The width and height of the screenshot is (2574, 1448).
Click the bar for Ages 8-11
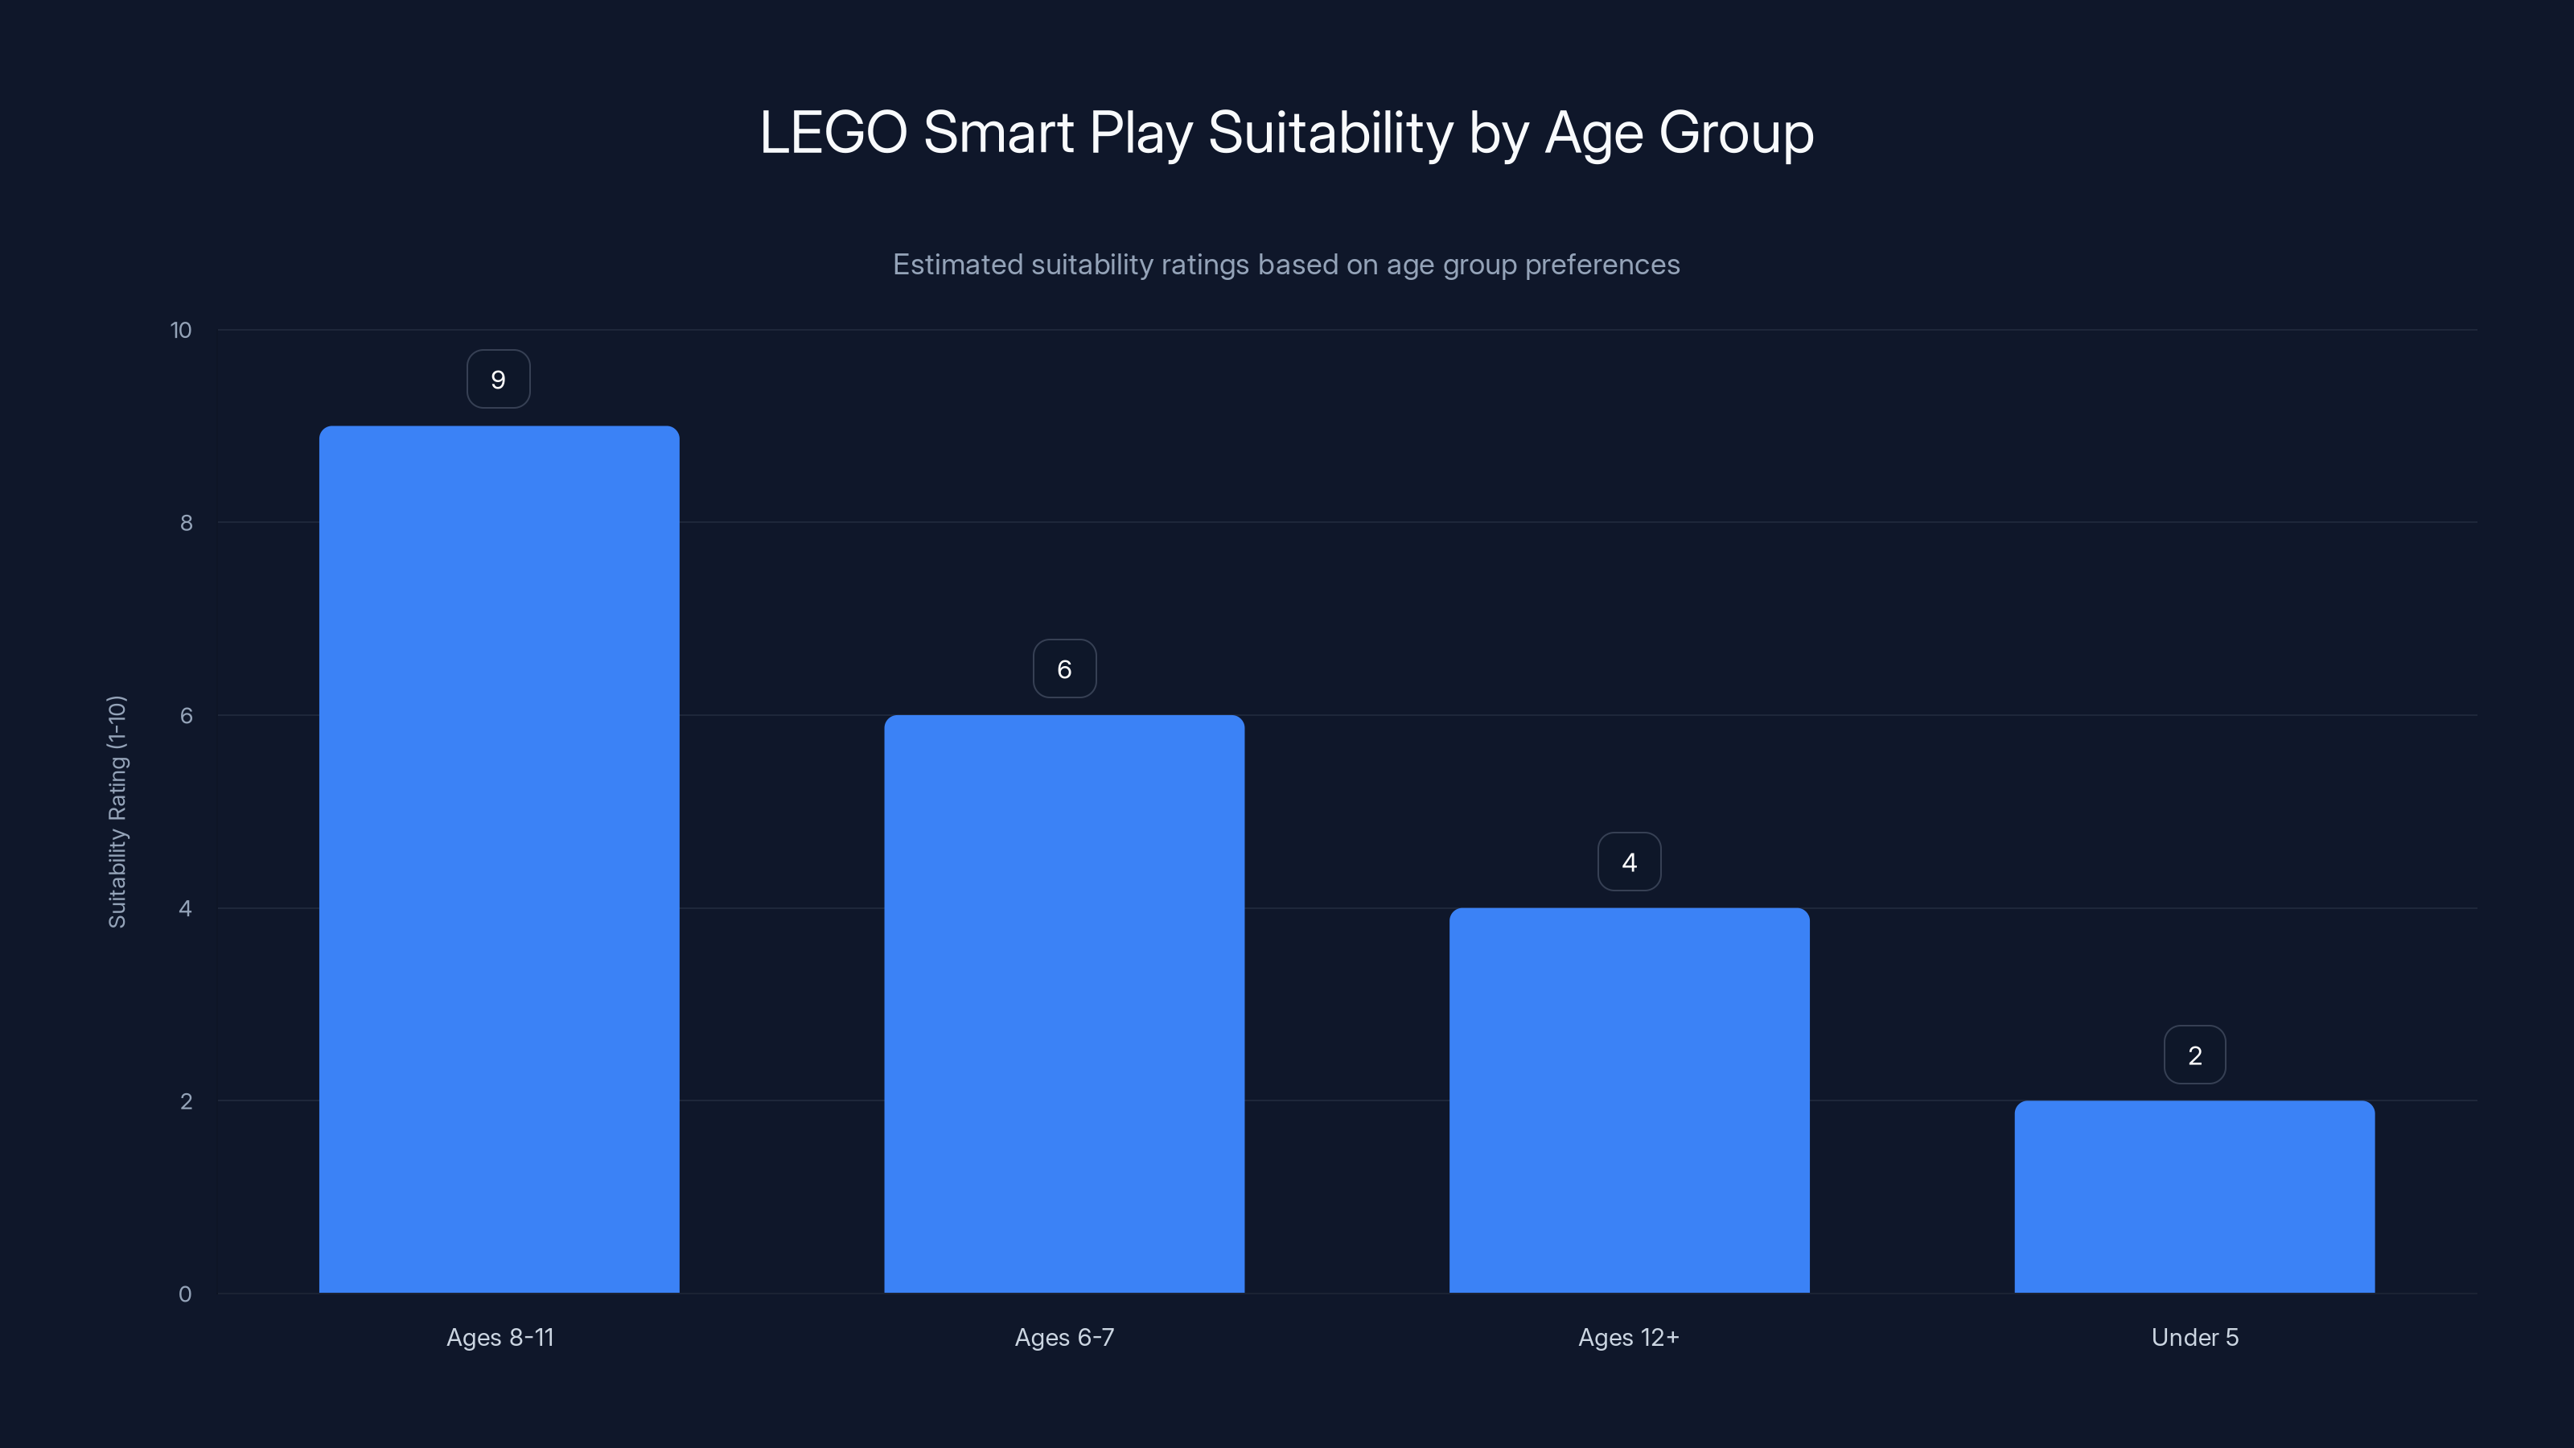click(499, 859)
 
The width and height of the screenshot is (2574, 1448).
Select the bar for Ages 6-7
click(1064, 1003)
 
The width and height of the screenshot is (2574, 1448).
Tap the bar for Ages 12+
click(1629, 1099)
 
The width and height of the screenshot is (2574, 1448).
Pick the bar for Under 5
click(2194, 1196)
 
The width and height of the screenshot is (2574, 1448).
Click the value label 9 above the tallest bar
click(499, 380)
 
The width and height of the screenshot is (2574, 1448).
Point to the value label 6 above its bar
click(1064, 669)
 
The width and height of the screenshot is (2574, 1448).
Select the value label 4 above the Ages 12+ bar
click(1629, 862)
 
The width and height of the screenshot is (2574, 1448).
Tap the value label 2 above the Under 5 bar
click(2194, 1055)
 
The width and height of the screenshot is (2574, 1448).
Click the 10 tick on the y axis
click(181, 331)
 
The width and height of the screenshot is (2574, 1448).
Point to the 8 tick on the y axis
click(186, 524)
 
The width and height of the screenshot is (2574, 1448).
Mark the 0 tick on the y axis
click(185, 1295)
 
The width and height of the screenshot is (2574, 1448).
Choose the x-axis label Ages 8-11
click(500, 1338)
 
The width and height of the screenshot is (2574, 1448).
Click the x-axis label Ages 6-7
click(1064, 1338)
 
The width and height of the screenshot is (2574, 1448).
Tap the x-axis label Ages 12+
click(1629, 1338)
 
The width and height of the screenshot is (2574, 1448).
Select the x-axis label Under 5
click(2194, 1338)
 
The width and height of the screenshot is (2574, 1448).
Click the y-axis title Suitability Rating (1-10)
click(117, 812)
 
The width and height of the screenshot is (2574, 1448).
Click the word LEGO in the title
click(833, 133)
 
